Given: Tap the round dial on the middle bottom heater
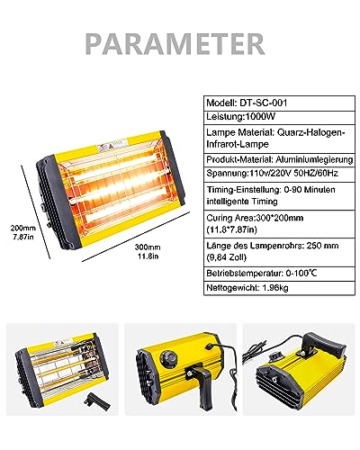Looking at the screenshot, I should pyautogui.click(x=166, y=359).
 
